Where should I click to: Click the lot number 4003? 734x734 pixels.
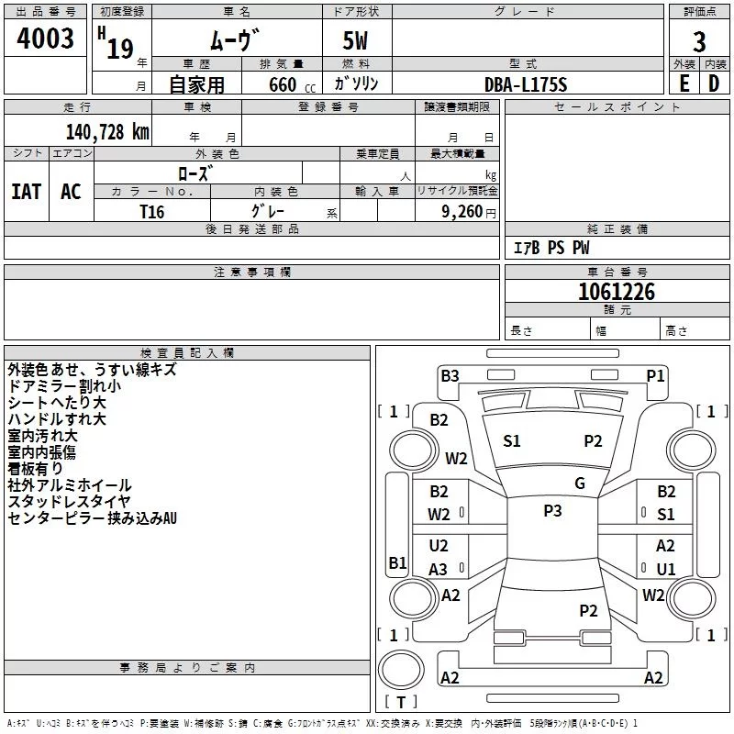click(46, 39)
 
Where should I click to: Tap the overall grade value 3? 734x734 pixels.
click(699, 41)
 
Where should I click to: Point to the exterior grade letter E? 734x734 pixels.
click(683, 83)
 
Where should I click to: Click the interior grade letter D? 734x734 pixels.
click(714, 83)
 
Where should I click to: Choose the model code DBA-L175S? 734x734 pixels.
click(526, 84)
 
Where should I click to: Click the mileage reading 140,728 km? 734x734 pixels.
click(108, 132)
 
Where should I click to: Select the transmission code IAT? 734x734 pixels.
click(26, 192)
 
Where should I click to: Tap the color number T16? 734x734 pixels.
click(152, 211)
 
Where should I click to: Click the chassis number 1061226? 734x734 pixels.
click(617, 292)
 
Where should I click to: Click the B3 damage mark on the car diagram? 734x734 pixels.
click(450, 375)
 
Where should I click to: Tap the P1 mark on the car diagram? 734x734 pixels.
click(655, 375)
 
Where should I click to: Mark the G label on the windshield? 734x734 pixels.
click(580, 484)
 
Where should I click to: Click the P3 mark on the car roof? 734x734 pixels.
click(552, 511)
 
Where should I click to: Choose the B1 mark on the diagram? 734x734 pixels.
click(397, 563)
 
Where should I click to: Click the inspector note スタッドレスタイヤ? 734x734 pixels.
click(69, 502)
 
